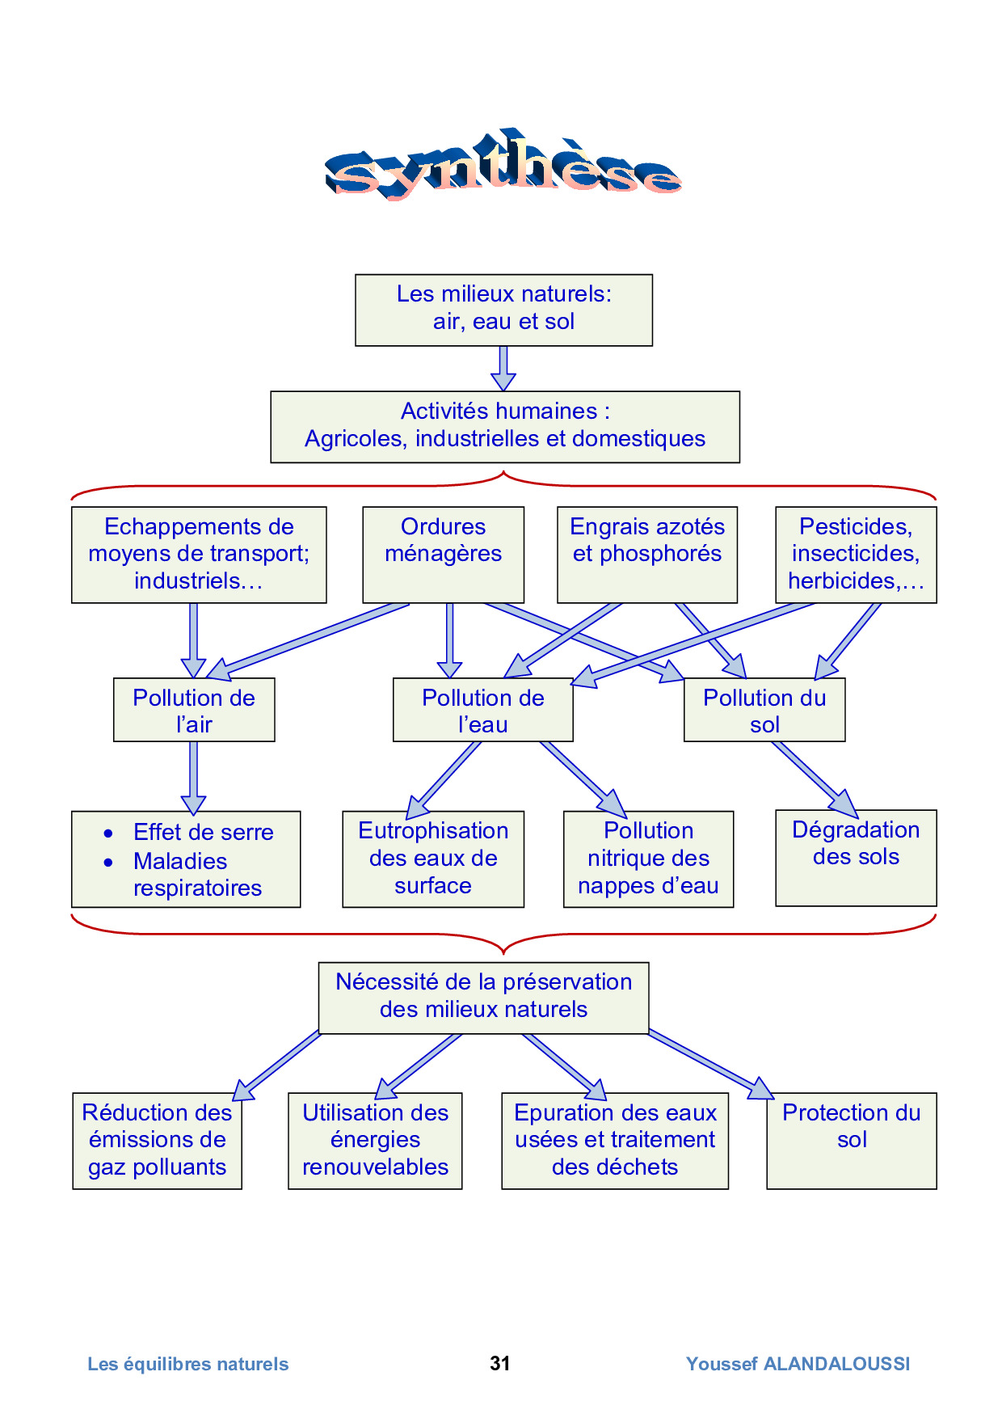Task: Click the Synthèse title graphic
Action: [x=503, y=166]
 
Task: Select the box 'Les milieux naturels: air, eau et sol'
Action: [x=503, y=310]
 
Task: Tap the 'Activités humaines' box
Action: [x=504, y=426]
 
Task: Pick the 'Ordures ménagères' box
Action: [x=443, y=554]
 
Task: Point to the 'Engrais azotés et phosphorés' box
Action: [x=646, y=554]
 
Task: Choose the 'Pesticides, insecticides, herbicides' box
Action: [x=855, y=554]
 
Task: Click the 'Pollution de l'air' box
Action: [x=194, y=709]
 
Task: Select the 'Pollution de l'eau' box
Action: [x=482, y=709]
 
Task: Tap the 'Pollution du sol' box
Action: [x=764, y=709]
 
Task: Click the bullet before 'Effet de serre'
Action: [x=108, y=833]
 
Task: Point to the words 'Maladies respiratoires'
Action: [x=196, y=875]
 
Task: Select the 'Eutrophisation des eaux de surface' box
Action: [x=433, y=859]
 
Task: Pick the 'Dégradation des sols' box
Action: [x=855, y=857]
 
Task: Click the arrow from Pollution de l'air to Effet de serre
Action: [x=193, y=776]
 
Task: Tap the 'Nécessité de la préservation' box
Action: [x=483, y=997]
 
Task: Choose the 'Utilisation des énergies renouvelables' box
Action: [x=375, y=1140]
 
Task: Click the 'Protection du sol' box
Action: [x=851, y=1140]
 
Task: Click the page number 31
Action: [x=500, y=1363]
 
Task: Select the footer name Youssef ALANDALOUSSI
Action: [x=798, y=1364]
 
